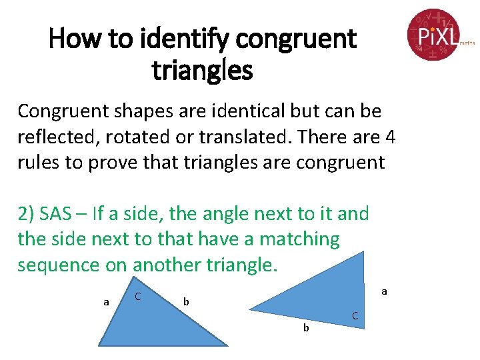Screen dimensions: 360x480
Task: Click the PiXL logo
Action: pyautogui.click(x=434, y=34)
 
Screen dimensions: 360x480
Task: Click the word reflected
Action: pyautogui.click(x=53, y=137)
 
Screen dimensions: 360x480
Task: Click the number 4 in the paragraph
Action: pyautogui.click(x=390, y=137)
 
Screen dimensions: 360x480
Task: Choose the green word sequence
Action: pyautogui.click(x=59, y=265)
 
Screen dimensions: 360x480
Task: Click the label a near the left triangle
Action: pyautogui.click(x=106, y=302)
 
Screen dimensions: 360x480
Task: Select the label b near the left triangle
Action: pyautogui.click(x=186, y=302)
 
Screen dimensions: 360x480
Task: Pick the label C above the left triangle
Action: pyautogui.click(x=137, y=295)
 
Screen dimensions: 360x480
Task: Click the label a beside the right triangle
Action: pyautogui.click(x=384, y=291)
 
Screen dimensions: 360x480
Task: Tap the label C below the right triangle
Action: pyautogui.click(x=355, y=315)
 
